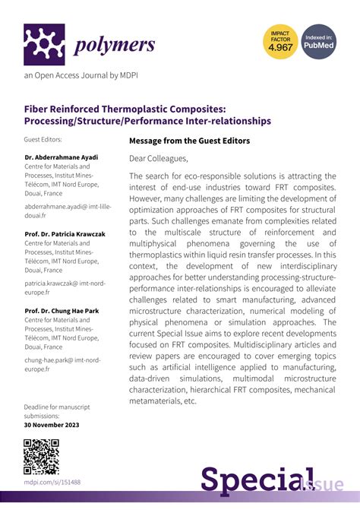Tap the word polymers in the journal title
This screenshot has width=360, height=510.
click(x=115, y=45)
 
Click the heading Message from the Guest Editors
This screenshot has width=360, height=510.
click(x=189, y=141)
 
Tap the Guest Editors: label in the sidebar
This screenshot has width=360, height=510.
click(x=43, y=140)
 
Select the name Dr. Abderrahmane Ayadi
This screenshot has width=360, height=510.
click(x=62, y=157)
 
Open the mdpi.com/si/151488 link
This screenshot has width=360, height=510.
click(x=53, y=482)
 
